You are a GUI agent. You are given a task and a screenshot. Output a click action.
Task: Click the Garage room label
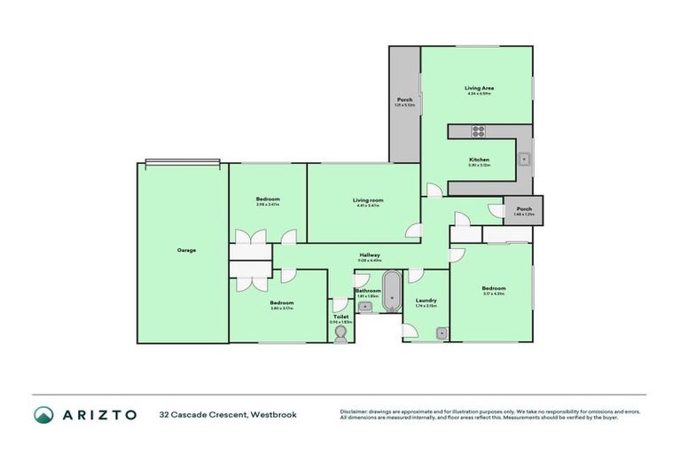click(186, 250)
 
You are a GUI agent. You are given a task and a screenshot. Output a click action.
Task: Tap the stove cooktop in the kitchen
click(478, 131)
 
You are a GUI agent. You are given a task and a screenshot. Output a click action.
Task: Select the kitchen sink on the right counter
click(525, 160)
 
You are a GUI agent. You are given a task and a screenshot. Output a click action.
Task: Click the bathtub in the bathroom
click(391, 296)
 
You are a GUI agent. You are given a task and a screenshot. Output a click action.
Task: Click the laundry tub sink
click(441, 333)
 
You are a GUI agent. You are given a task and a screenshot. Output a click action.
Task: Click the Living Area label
click(479, 88)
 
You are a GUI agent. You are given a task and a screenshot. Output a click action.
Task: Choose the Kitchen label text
click(479, 160)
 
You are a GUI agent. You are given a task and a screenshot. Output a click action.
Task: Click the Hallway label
click(370, 254)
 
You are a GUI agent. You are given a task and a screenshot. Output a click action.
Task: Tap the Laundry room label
click(426, 301)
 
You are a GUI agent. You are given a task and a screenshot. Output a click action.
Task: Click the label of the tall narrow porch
click(404, 99)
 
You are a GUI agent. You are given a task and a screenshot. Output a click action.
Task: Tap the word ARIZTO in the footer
click(99, 414)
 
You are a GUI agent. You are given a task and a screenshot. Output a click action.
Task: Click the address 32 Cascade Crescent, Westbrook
click(228, 414)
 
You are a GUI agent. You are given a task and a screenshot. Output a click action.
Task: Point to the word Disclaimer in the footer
click(354, 411)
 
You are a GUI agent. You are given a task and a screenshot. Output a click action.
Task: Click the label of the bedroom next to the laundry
click(494, 288)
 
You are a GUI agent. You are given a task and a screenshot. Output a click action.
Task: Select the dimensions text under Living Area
click(479, 94)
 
